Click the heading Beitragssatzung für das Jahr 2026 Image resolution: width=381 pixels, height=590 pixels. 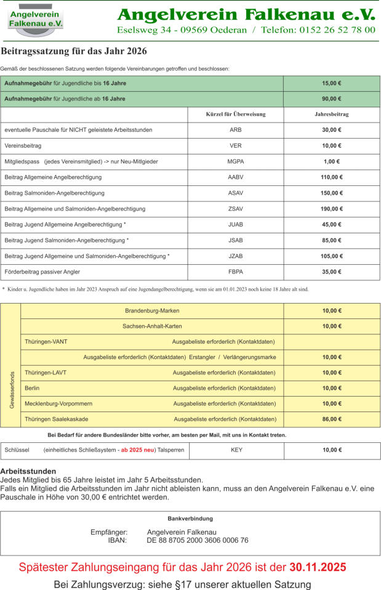[73, 52]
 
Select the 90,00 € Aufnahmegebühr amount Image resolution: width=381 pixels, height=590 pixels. [332, 99]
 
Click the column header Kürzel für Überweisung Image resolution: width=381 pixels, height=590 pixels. [235, 115]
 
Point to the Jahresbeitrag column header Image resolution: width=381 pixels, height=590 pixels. [332, 115]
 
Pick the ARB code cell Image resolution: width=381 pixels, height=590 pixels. [235, 130]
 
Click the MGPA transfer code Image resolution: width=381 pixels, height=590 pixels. [235, 161]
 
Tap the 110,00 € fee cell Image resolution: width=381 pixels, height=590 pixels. [332, 177]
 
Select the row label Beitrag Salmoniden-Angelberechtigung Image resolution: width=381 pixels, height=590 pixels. [55, 193]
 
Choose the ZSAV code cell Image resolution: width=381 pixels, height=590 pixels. [235, 209]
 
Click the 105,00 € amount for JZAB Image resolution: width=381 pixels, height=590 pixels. [332, 256]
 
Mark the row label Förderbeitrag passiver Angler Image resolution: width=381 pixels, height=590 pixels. [42, 272]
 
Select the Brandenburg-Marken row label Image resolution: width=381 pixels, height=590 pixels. [152, 310]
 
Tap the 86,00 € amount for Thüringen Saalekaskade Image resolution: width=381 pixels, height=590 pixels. [332, 419]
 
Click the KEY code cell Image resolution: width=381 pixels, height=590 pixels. [236, 450]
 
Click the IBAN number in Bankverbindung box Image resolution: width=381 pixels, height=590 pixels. [198, 540]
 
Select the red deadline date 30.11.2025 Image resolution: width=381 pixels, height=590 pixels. [318, 567]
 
